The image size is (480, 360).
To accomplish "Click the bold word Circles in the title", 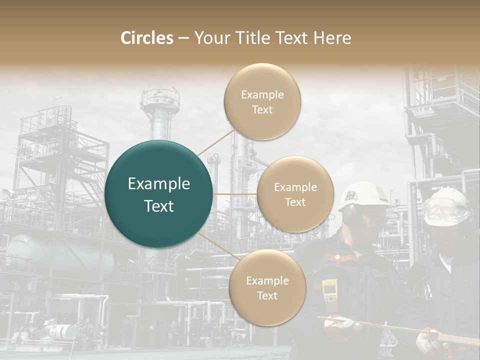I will click(x=147, y=38).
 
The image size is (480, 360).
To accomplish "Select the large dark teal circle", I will click(x=159, y=194).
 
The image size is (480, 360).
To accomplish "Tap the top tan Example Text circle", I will click(x=262, y=101).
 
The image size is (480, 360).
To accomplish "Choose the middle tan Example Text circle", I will click(x=295, y=194).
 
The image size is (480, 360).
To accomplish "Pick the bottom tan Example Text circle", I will click(x=267, y=287).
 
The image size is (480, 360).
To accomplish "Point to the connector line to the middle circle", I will click(x=234, y=194).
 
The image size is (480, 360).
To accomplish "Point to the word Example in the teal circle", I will click(x=159, y=184).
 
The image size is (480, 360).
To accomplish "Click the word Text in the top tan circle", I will click(x=262, y=109).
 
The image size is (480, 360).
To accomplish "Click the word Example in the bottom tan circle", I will click(x=267, y=280).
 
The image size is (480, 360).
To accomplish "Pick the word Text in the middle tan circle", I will click(x=295, y=202).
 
